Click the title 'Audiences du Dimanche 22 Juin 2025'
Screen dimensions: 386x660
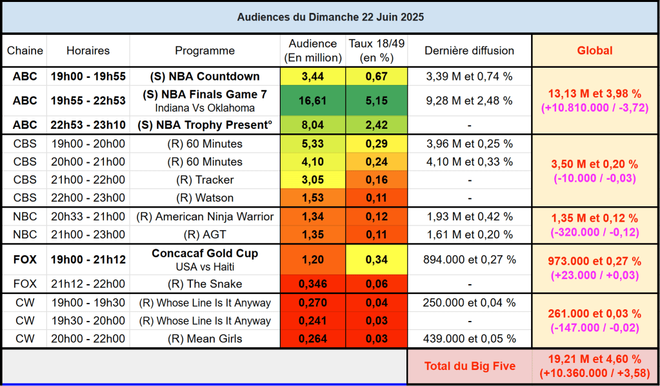[x=330, y=17]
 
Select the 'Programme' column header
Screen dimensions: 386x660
[x=205, y=50]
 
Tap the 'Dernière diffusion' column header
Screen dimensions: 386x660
[x=470, y=50]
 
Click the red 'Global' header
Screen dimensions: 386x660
[x=595, y=50]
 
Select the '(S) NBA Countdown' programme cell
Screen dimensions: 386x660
[x=205, y=77]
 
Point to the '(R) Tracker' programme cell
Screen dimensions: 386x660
[x=205, y=180]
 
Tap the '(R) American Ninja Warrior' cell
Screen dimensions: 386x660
[x=205, y=217]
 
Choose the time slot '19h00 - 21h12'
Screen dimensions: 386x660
[x=88, y=260]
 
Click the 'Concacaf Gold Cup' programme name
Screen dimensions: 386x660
[x=205, y=254]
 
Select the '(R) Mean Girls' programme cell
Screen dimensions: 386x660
[x=205, y=338]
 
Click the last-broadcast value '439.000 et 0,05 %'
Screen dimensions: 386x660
[x=470, y=338]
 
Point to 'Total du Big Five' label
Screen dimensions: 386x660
[x=470, y=366]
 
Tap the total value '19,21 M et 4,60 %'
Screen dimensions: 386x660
[x=595, y=360]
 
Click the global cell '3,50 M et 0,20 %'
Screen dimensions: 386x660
[x=595, y=164]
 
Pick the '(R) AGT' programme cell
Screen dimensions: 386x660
[x=205, y=235]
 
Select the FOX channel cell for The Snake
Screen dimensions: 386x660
[x=25, y=284]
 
